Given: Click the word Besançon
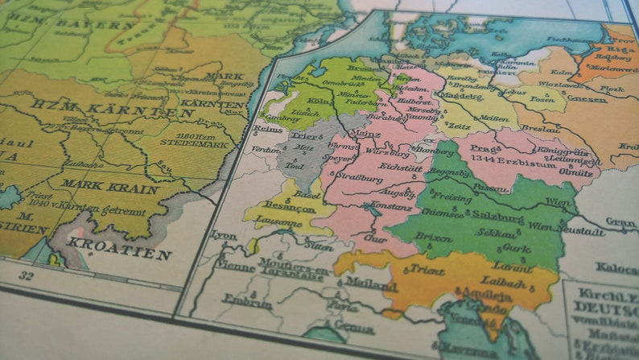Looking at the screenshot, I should point(292,208).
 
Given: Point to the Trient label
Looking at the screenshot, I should point(427,270).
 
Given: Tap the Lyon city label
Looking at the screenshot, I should point(224,234).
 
